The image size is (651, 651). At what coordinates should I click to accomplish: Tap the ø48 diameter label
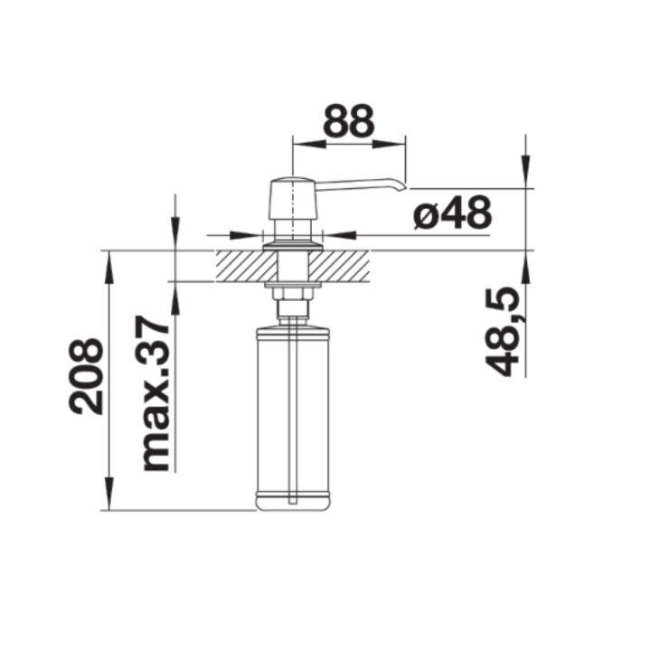click(x=453, y=212)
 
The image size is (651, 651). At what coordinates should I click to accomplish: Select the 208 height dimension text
click(x=86, y=376)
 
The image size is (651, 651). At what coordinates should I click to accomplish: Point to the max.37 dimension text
click(x=156, y=393)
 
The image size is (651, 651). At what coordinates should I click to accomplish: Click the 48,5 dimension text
click(x=503, y=331)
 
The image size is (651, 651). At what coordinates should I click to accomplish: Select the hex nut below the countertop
click(x=293, y=294)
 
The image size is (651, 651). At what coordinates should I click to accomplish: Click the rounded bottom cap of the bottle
click(x=293, y=502)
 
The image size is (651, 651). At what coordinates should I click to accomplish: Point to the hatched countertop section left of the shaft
click(x=246, y=266)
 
